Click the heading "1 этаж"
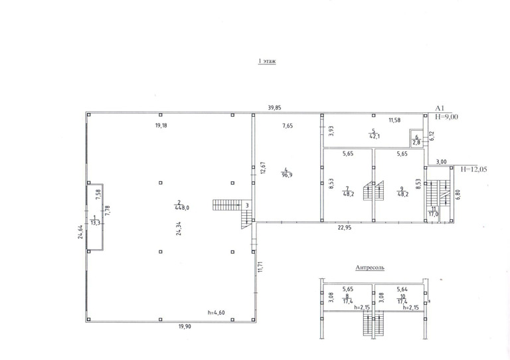pos(267,61)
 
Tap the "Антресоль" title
pos(370,268)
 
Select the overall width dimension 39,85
pos(274,108)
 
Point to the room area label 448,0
pos(182,208)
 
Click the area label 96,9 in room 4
pos(287,175)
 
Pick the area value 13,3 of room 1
pos(94,223)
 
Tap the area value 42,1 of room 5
pos(375,137)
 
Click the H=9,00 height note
pos(446,116)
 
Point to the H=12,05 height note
pos(473,169)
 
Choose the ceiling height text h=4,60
pos(216,313)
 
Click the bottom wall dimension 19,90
pos(185,327)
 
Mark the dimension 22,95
pos(345,228)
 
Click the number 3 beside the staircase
pos(247,205)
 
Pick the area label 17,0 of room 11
pos(433,215)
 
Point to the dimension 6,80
pos(458,195)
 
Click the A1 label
pos(440,109)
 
